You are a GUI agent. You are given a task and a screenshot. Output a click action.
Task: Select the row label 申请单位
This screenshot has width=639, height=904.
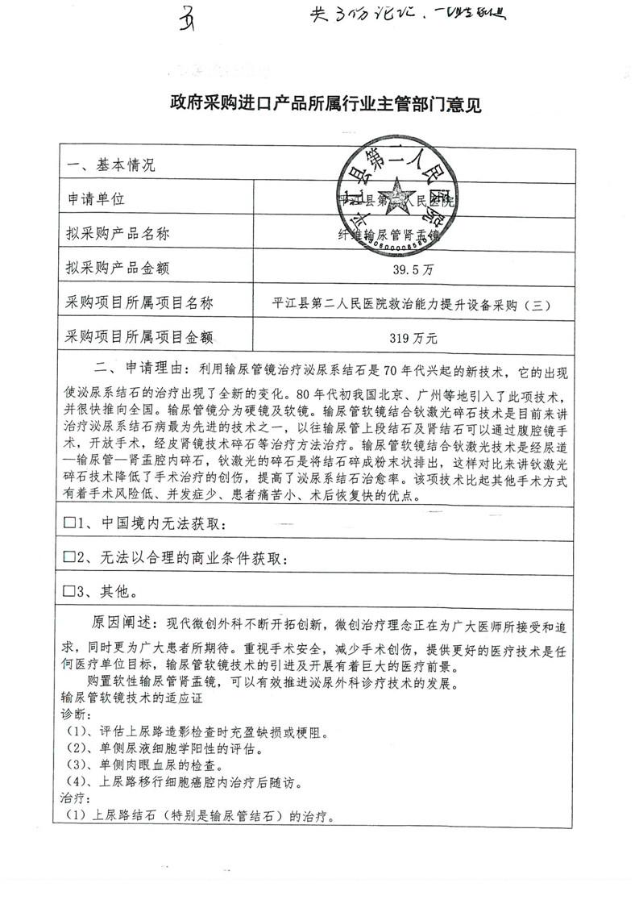tap(97, 198)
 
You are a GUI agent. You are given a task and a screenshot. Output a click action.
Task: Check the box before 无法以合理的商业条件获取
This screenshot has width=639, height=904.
tap(69, 558)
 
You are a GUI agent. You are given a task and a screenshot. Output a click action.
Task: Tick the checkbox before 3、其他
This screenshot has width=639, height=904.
tap(69, 593)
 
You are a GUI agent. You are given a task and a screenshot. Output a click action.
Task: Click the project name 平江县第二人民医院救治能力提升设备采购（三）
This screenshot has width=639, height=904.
tap(412, 303)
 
